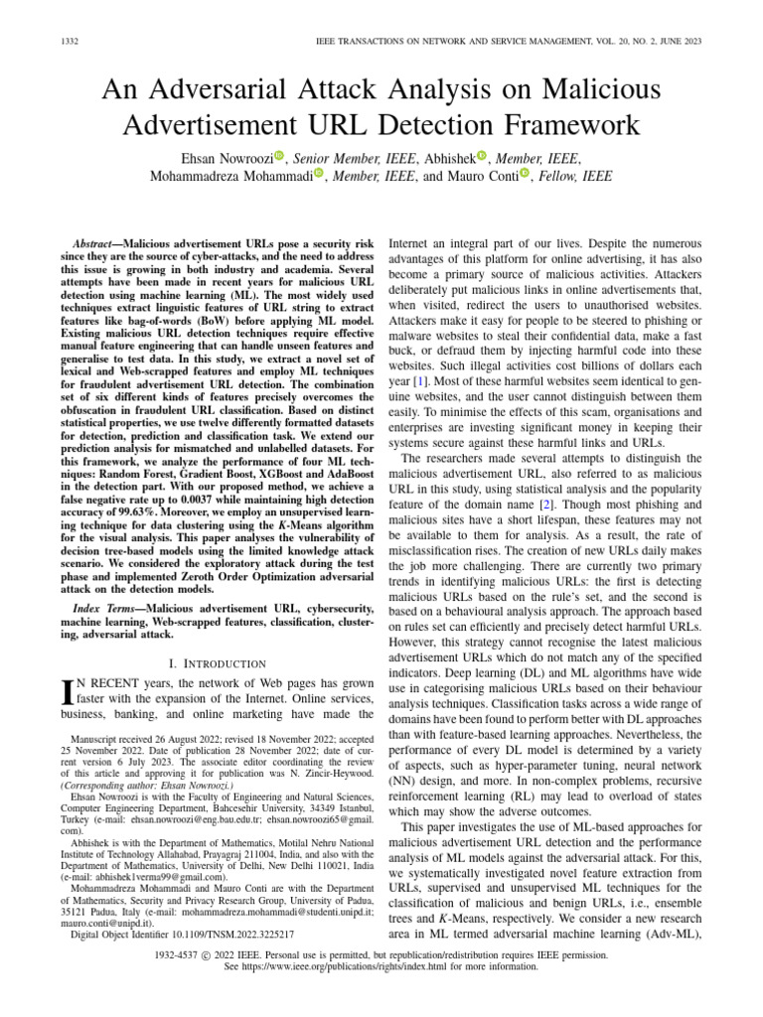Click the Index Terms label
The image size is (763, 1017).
106,606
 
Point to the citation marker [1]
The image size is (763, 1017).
423,381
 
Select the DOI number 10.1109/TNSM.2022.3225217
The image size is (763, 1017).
233,935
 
